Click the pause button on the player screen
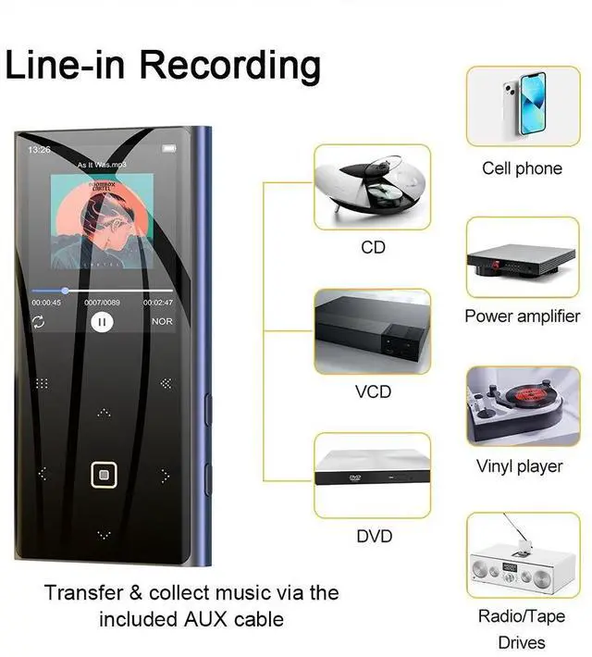102,322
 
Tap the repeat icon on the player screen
39,322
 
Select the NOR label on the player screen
162,322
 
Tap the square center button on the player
103,475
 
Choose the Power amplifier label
522,316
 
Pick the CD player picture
372,187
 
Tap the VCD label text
373,392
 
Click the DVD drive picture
372,475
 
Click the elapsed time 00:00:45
46,303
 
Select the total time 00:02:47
157,303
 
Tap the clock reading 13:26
39,149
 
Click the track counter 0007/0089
102,303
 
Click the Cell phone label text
522,168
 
